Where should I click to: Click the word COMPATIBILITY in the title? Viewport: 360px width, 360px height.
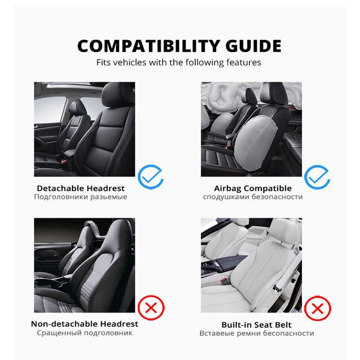coord(149,46)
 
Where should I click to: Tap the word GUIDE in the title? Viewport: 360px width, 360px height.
coord(253,46)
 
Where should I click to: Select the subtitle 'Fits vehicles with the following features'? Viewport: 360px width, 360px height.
coord(179,62)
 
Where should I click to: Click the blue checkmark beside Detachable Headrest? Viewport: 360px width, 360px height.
coord(150,177)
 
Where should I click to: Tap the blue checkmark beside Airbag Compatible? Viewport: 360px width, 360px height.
coord(317,177)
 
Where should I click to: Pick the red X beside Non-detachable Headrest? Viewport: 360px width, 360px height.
coord(151,307)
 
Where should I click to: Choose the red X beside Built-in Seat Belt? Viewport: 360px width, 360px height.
coord(317,308)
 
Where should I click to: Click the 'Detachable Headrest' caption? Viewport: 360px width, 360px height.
coord(81,188)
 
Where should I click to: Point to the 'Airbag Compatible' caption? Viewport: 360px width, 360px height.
coord(253,188)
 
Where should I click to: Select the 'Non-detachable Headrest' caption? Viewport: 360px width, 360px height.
coord(84,324)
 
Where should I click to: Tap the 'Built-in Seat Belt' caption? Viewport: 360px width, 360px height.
coord(256,325)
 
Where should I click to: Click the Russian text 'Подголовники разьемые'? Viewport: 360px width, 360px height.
coord(81,197)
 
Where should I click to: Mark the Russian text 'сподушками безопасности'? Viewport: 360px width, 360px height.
coord(253,197)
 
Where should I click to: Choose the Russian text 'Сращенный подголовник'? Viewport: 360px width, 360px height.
coord(84,333)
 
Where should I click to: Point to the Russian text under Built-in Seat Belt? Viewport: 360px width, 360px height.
coord(257,333)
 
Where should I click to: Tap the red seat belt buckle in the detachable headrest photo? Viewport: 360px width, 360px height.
coord(64,162)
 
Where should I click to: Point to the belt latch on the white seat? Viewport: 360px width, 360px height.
coord(276,289)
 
